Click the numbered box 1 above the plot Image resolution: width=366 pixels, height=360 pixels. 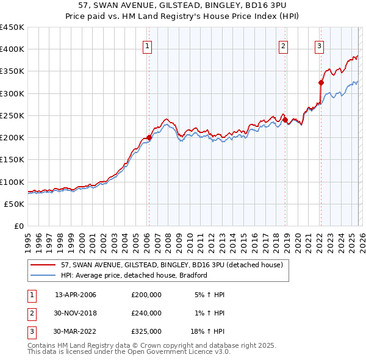point(148,45)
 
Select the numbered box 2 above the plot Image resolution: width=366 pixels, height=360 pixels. point(284,45)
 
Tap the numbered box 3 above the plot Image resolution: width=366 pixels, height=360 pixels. point(320,45)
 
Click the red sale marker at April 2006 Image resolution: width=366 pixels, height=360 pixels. point(149,137)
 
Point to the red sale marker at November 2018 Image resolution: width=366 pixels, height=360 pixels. point(285,120)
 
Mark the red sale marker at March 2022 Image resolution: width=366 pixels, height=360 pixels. point(321,82)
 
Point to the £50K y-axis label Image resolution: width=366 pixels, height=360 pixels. point(15,204)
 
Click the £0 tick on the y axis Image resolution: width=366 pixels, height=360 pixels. point(18,226)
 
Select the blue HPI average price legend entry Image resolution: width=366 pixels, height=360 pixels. point(134,275)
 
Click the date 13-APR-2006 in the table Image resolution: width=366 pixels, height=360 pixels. point(76,295)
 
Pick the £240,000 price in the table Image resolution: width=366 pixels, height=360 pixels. point(146,313)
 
